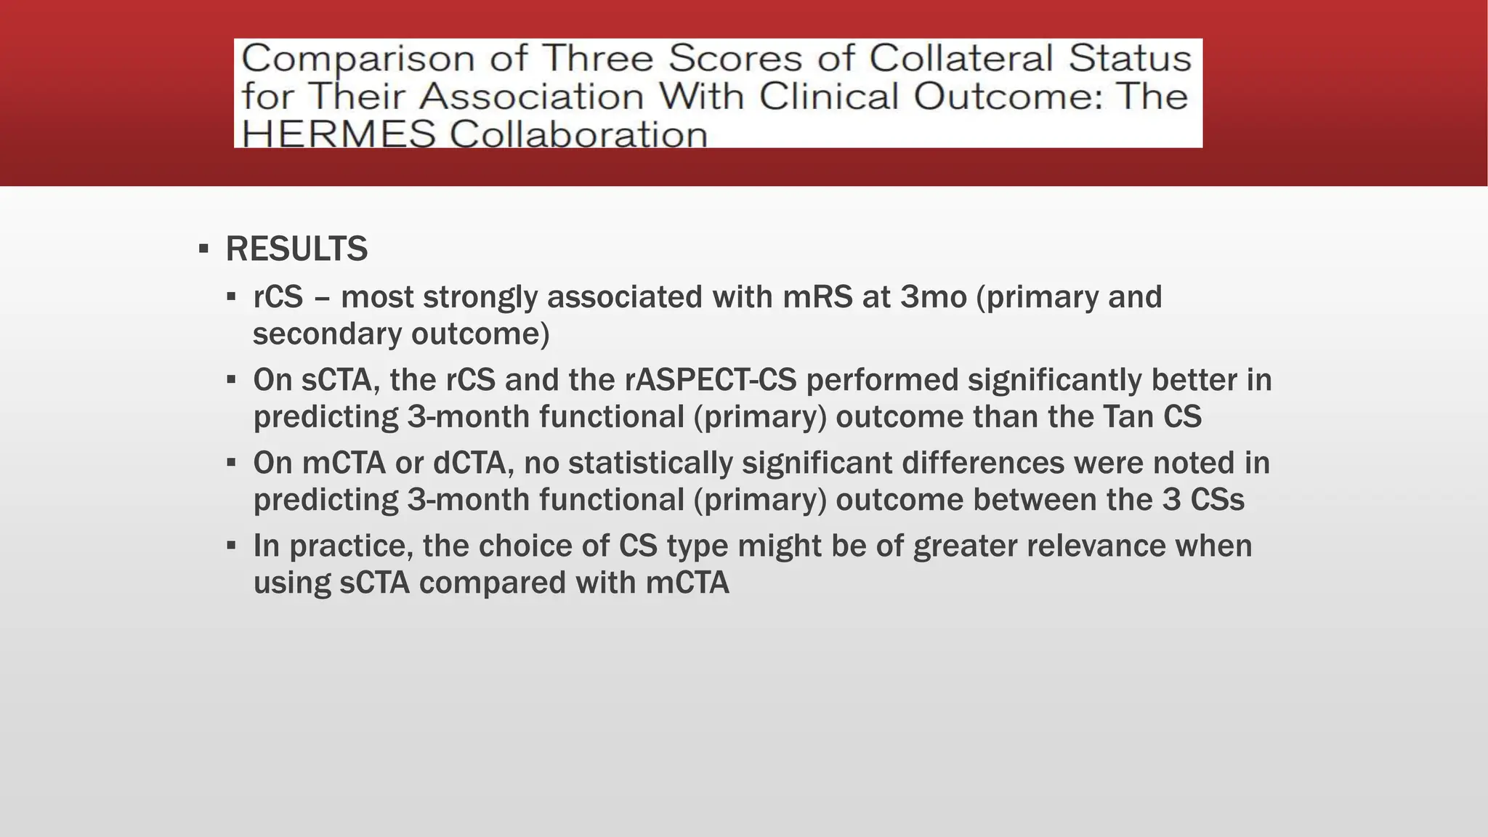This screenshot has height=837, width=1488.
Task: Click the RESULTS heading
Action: point(296,249)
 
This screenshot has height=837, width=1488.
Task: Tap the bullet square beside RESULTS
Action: point(203,250)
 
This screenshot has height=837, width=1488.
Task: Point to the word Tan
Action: point(1128,417)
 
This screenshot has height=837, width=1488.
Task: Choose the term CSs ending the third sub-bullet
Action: point(1218,500)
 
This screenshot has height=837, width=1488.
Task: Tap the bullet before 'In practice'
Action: point(231,545)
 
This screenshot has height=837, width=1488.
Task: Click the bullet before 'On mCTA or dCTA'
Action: point(231,462)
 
